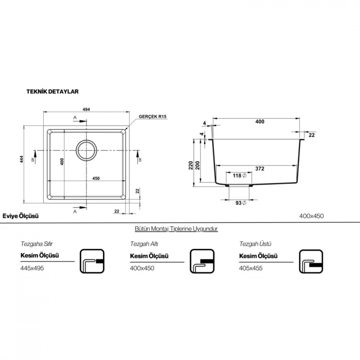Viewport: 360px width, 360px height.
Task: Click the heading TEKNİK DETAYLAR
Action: coord(52,92)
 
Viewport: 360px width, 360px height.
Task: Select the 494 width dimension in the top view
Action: coord(86,109)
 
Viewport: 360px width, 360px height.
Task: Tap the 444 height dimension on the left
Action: coord(22,159)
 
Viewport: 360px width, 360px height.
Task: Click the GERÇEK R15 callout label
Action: coord(152,117)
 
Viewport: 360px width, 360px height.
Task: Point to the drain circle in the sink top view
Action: coord(86,150)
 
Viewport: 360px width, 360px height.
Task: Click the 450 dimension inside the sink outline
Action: coord(96,178)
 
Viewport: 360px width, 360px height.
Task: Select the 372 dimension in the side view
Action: coord(260,169)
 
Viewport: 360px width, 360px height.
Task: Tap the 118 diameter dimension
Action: coord(239,176)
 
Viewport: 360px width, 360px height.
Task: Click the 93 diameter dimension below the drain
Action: coord(241,203)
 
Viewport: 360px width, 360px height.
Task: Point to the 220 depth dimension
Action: coord(191,165)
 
